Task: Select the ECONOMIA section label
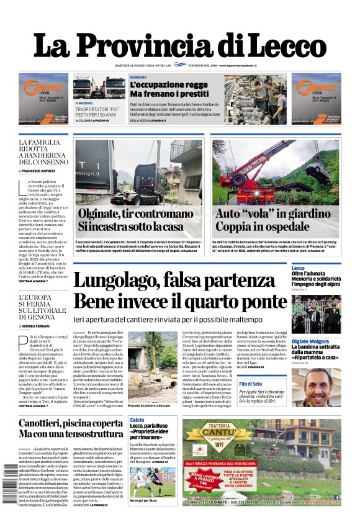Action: [139, 77]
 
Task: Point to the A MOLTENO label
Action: [84, 103]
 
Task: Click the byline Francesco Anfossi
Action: [41, 170]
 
